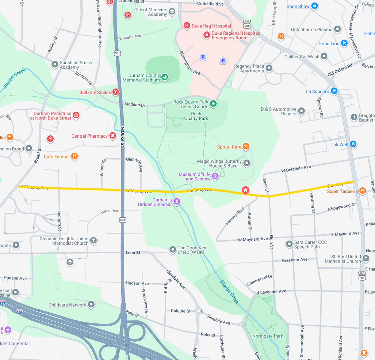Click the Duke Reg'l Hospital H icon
coord(187,25)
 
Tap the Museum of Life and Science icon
coord(215,177)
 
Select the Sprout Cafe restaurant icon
coord(246,146)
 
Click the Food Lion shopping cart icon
coord(344,43)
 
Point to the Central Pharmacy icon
coord(112,136)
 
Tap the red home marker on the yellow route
coord(245,190)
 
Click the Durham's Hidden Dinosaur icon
coord(177,202)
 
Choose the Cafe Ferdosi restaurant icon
coord(74,156)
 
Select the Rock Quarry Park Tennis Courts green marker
coord(214,104)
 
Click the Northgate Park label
coord(267,336)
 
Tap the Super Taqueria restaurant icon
coord(362,191)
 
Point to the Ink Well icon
coord(353,144)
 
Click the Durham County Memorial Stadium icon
coord(165,77)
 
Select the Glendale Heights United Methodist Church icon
coord(93,240)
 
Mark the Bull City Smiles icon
coord(115,92)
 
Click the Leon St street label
coord(133,253)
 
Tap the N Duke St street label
coord(123,137)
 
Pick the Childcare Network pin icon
coord(91,305)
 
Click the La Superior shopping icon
coord(334,91)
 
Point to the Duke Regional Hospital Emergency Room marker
coord(207,35)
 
